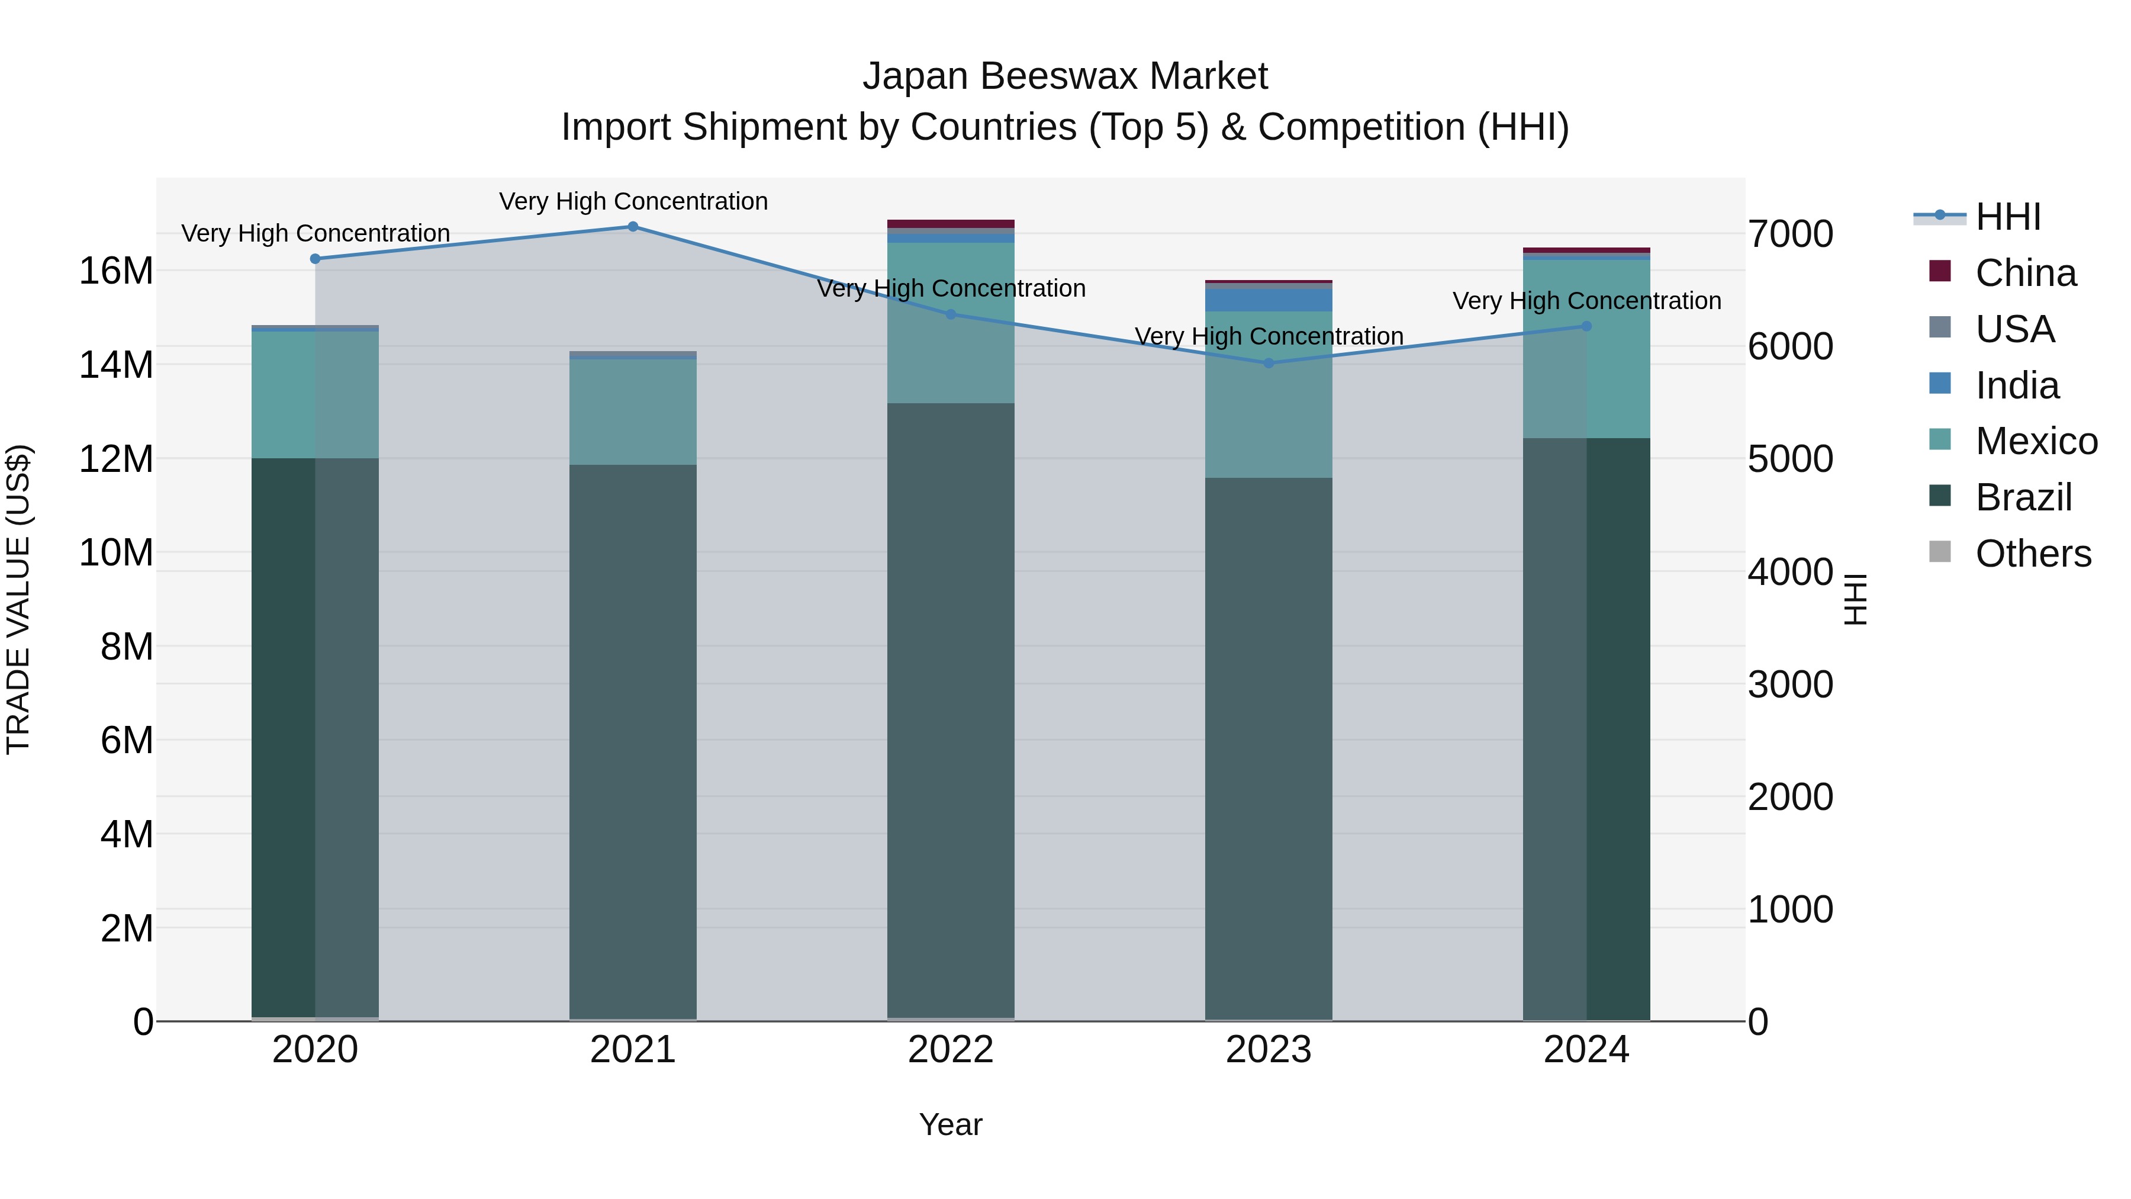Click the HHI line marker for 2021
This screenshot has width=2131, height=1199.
pyautogui.click(x=633, y=226)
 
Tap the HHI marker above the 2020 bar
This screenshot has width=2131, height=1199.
pyautogui.click(x=315, y=258)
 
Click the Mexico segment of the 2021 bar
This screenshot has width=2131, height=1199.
pyautogui.click(x=633, y=412)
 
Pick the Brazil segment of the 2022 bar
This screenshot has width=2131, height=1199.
pyautogui.click(x=951, y=712)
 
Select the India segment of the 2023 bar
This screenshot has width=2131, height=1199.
pyautogui.click(x=1269, y=299)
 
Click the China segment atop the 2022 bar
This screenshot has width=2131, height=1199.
pyautogui.click(x=951, y=223)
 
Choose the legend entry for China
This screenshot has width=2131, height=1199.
pyautogui.click(x=2024, y=273)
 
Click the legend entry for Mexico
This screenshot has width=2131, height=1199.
pyautogui.click(x=2035, y=441)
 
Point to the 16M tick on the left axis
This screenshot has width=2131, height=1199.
pyautogui.click(x=116, y=271)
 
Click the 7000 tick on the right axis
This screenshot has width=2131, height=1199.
pyautogui.click(x=1790, y=233)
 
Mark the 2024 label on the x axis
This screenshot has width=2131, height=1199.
pyautogui.click(x=1586, y=1050)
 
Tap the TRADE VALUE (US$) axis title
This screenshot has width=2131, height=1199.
pyautogui.click(x=19, y=599)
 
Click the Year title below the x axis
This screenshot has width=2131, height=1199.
pyautogui.click(x=951, y=1124)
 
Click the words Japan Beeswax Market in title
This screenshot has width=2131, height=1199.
pyautogui.click(x=1065, y=76)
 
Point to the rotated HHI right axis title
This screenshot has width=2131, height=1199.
pyautogui.click(x=1856, y=599)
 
